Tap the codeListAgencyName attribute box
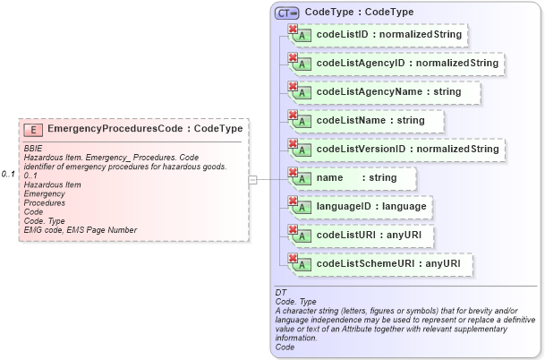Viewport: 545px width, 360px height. point(383,92)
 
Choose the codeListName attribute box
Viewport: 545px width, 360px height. point(365,120)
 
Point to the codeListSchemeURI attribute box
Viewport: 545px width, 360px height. point(379,264)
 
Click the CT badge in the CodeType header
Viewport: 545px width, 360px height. point(287,13)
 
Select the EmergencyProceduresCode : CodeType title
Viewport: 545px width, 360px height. point(144,129)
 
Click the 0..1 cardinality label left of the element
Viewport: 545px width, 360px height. point(8,174)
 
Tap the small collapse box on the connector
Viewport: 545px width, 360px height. point(252,179)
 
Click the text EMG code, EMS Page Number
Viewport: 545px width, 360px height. point(81,230)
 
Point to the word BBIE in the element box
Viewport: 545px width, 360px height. point(33,147)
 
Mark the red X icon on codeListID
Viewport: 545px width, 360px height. point(292,30)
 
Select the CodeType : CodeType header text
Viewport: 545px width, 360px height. point(359,13)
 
